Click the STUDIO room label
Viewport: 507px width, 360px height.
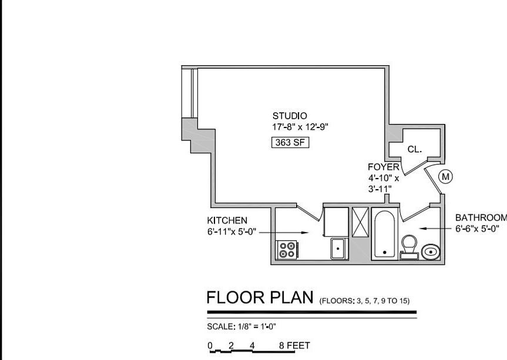pyautogui.click(x=289, y=116)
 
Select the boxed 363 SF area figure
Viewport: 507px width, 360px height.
pyautogui.click(x=290, y=142)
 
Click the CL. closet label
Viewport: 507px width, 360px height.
pyautogui.click(x=415, y=149)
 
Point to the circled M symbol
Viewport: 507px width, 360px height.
pyautogui.click(x=446, y=176)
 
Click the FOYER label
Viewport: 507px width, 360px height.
pyautogui.click(x=384, y=167)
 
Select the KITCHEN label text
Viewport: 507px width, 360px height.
pyautogui.click(x=227, y=220)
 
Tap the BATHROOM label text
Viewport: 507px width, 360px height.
pyautogui.click(x=481, y=217)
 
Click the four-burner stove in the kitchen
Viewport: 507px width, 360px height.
pyautogui.click(x=287, y=250)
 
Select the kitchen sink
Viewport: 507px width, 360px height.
pyautogui.click(x=338, y=248)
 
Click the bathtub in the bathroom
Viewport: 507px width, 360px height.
pyautogui.click(x=385, y=234)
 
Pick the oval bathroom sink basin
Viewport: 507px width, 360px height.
pyautogui.click(x=432, y=251)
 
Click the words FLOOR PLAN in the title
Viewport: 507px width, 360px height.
pyautogui.click(x=260, y=298)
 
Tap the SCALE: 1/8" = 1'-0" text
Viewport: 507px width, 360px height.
pyautogui.click(x=241, y=327)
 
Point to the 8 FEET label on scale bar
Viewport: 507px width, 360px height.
pyautogui.click(x=294, y=346)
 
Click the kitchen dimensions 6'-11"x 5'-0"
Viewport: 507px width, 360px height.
pyautogui.click(x=231, y=231)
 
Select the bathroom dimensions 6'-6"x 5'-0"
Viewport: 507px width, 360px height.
pyautogui.click(x=477, y=228)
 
